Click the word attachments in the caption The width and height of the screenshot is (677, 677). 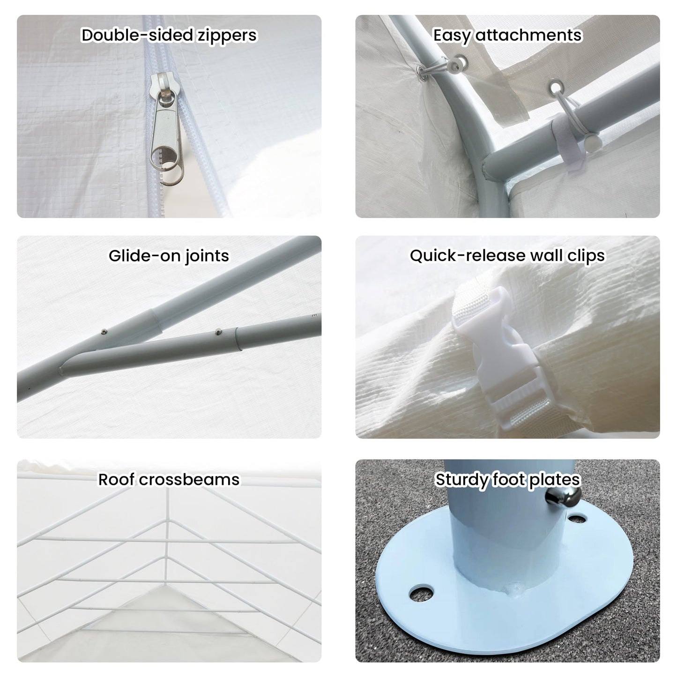[x=529, y=36]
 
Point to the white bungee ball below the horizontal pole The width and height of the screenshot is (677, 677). [x=591, y=143]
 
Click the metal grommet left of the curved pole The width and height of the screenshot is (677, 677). [x=422, y=73]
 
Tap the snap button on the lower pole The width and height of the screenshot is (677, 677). [x=218, y=331]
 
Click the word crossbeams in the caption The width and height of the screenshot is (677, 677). [x=189, y=480]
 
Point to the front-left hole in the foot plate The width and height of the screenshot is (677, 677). [x=421, y=593]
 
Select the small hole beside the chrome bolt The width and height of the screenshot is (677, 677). [x=577, y=518]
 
